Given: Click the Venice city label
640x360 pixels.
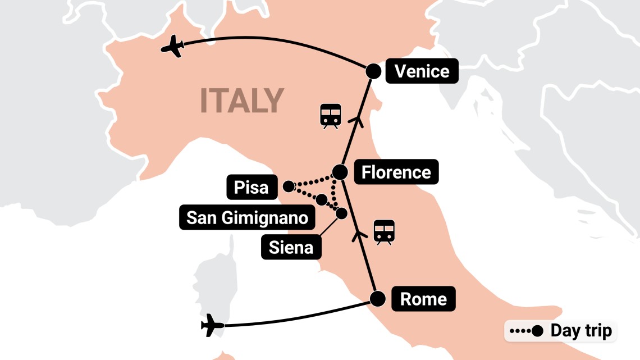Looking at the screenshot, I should click(422, 71).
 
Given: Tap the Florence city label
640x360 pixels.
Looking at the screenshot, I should click(396, 172).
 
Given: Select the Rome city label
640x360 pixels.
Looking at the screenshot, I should click(423, 299).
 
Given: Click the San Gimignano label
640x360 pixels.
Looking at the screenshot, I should click(247, 217).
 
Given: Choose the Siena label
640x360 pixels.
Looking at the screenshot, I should click(291, 247).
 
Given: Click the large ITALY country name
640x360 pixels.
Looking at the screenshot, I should click(242, 101).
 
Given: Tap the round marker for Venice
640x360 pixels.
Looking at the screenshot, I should click(373, 71).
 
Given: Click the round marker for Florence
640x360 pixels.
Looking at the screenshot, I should click(340, 171).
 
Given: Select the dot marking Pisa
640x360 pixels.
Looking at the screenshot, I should click(288, 186).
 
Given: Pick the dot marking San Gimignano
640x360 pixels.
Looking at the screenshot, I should click(322, 200).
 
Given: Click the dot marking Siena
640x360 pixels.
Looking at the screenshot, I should click(341, 213).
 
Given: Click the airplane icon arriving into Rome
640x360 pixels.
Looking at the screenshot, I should click(212, 325).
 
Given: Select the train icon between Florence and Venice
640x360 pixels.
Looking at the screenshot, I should click(330, 116).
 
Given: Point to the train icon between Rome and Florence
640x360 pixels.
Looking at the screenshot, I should click(385, 232).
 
